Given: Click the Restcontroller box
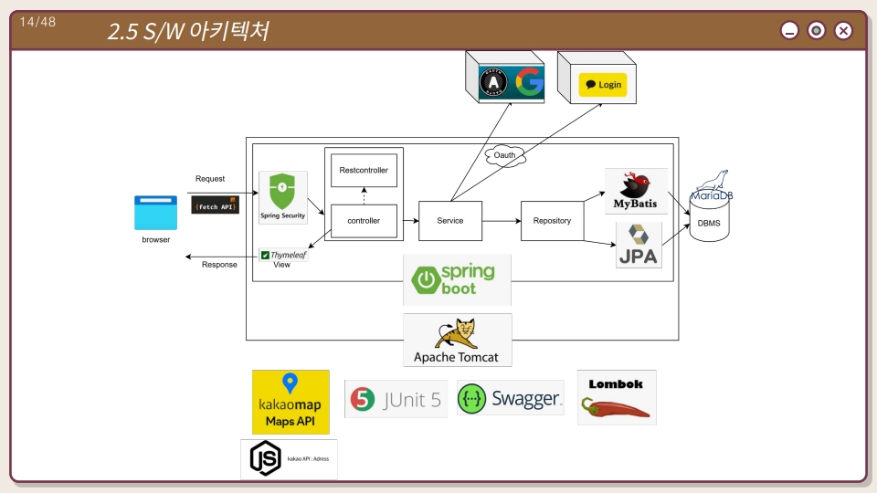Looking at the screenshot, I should pyautogui.click(x=364, y=171).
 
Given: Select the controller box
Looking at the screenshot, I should pyautogui.click(x=364, y=220).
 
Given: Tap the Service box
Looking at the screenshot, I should pyautogui.click(x=449, y=220).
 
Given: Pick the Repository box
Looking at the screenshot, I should pyautogui.click(x=552, y=220).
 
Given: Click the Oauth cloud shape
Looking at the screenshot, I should pyautogui.click(x=505, y=155).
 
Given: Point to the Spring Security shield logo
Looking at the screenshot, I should pyautogui.click(x=282, y=194).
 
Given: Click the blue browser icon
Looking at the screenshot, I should pyautogui.click(x=155, y=213).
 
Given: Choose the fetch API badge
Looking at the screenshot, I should pyautogui.click(x=215, y=205).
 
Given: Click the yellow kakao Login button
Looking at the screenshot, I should pyautogui.click(x=602, y=85).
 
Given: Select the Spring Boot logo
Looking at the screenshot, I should pyautogui.click(x=457, y=279).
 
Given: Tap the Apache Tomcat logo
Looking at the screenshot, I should pyautogui.click(x=457, y=341).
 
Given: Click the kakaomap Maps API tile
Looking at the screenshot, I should pyautogui.click(x=291, y=402).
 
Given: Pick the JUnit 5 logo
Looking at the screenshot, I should pyautogui.click(x=396, y=399).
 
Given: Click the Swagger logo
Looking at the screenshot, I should pyautogui.click(x=510, y=398).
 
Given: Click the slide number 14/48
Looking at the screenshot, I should pyautogui.click(x=37, y=22).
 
